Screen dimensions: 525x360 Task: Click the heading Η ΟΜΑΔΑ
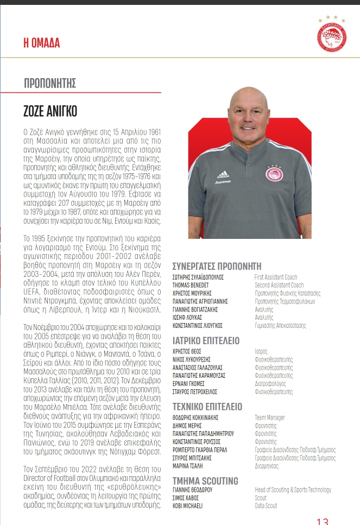[x=42, y=43]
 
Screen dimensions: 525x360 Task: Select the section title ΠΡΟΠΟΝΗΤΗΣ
[x=50, y=84]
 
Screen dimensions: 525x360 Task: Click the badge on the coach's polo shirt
[x=273, y=174]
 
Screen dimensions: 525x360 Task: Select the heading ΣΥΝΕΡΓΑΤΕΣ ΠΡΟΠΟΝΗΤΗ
[x=217, y=267]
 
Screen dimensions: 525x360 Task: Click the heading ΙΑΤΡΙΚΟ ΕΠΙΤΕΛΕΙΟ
[x=206, y=341]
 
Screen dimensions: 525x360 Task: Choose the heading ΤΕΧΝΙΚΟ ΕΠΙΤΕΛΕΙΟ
[x=207, y=407]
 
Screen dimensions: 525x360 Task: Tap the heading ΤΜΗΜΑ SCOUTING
[x=205, y=481]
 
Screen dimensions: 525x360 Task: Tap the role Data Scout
[x=266, y=506]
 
